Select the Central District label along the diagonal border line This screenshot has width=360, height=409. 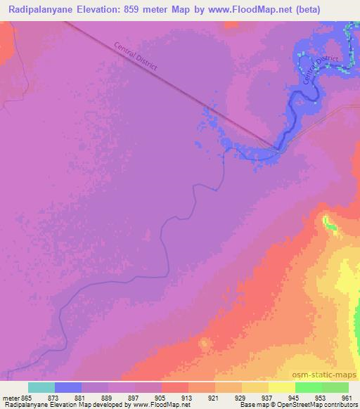pos(136,56)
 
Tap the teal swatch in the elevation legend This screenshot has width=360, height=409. pos(41,387)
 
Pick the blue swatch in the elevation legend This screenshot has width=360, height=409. pos(68,387)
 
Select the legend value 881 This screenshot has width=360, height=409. pos(89,397)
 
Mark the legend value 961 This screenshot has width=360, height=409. pos(345,397)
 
